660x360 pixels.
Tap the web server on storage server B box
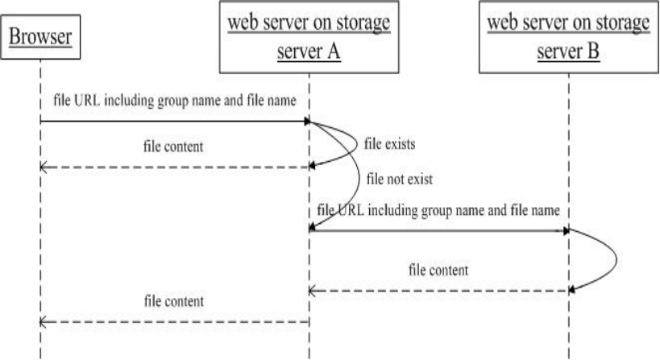(x=569, y=38)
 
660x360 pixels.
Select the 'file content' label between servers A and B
(x=438, y=269)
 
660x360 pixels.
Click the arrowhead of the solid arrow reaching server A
(x=306, y=122)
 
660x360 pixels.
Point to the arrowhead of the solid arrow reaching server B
(x=566, y=230)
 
